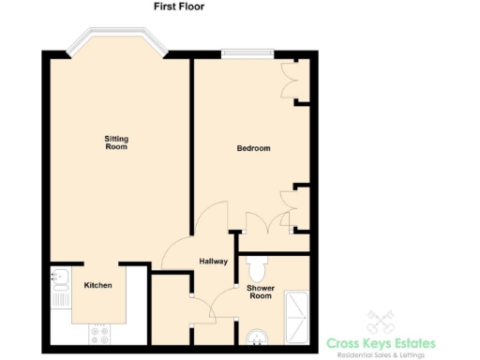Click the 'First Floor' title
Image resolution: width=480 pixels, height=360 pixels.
tap(178, 7)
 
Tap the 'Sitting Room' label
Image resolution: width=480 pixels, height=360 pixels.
tap(115, 142)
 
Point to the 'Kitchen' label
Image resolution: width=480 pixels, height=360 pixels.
tap(98, 285)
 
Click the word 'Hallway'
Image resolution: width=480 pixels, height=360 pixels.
tap(213, 262)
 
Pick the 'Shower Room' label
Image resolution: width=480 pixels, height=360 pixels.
tap(260, 292)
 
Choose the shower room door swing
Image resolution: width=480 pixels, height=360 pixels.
tap(223, 305)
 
